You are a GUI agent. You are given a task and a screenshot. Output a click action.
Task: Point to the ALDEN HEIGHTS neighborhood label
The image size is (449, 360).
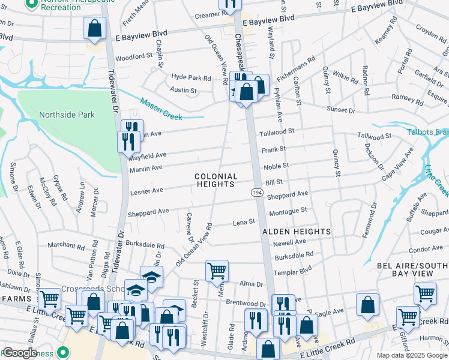296,231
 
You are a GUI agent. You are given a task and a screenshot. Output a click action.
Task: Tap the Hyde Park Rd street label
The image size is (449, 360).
191,78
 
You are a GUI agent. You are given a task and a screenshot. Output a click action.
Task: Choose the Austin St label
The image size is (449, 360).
184,91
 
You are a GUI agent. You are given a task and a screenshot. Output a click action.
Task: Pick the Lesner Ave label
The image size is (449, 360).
146,191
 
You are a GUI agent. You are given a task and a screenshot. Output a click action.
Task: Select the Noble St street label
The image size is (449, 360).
276,166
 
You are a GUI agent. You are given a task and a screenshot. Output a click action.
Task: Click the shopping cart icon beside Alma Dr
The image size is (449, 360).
217,270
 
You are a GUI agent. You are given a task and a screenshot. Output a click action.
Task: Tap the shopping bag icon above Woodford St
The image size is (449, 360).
95,28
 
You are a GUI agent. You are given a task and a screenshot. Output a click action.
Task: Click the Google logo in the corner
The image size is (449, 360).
20,353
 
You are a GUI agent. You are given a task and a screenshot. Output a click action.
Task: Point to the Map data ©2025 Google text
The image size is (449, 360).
411,355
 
